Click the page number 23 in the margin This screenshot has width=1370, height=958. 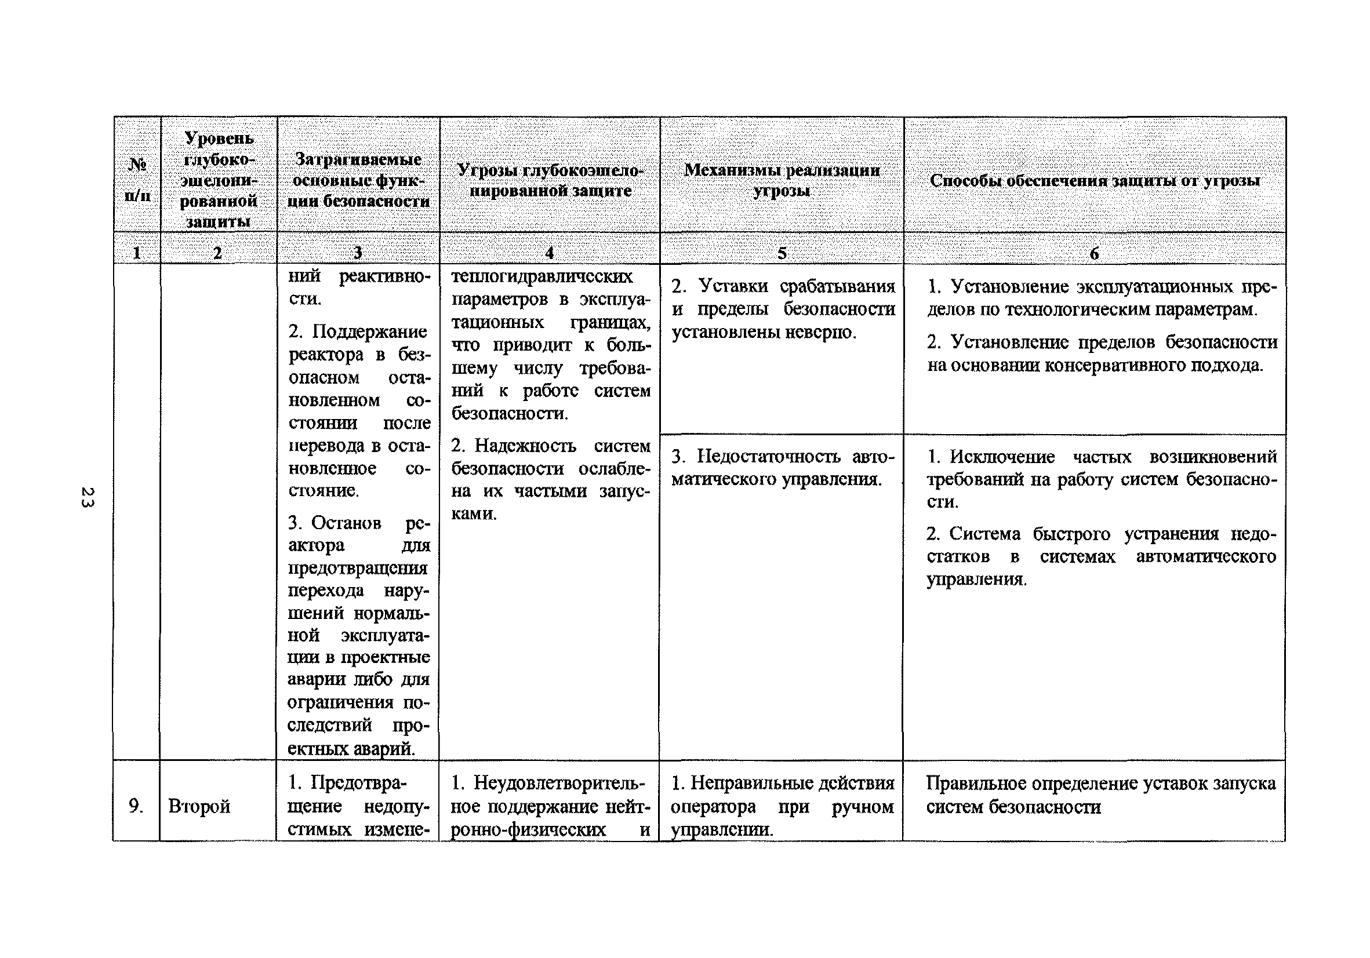tap(87, 497)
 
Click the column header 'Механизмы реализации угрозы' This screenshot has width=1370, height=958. tap(782, 180)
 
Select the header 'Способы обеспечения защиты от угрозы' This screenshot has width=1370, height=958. tap(1095, 180)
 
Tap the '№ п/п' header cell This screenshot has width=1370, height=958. tap(137, 179)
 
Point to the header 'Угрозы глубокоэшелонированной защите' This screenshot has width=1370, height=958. tap(550, 180)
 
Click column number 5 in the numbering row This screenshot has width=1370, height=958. tap(782, 253)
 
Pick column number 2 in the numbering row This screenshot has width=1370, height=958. tap(218, 253)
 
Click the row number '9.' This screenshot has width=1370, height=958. tap(136, 806)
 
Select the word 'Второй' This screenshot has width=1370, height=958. tap(199, 807)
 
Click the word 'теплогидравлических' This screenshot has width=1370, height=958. tap(542, 277)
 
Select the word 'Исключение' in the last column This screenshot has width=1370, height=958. tap(1002, 457)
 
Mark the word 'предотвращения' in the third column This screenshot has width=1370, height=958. tap(357, 568)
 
